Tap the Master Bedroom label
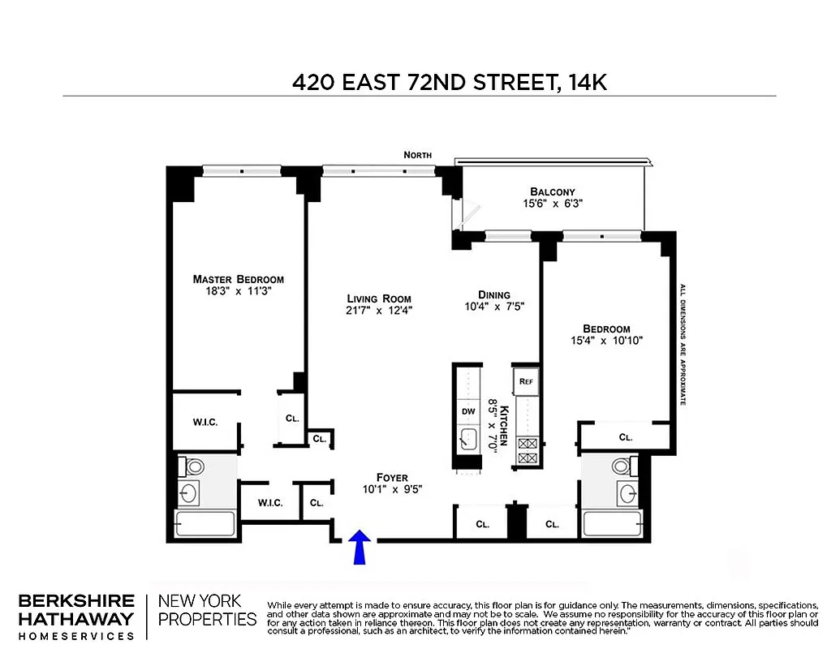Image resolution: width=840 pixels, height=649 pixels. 238,279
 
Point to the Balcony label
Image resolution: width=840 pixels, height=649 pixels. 553,192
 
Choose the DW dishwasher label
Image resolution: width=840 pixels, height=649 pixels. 467,411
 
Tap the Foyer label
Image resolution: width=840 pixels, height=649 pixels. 391,477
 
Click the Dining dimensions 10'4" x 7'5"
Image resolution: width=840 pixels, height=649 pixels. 493,307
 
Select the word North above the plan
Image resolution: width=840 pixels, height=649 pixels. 419,155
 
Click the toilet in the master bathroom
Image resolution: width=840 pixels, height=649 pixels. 194,467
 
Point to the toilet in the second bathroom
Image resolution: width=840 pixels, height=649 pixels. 621,466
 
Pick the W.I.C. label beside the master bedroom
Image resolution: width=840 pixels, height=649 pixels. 205,423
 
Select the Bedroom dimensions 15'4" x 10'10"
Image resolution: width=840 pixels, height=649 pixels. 606,341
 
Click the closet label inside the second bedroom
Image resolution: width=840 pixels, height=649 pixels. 625,437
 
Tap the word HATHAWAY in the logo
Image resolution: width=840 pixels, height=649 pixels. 75,619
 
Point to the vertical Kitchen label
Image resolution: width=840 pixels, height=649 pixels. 504,425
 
